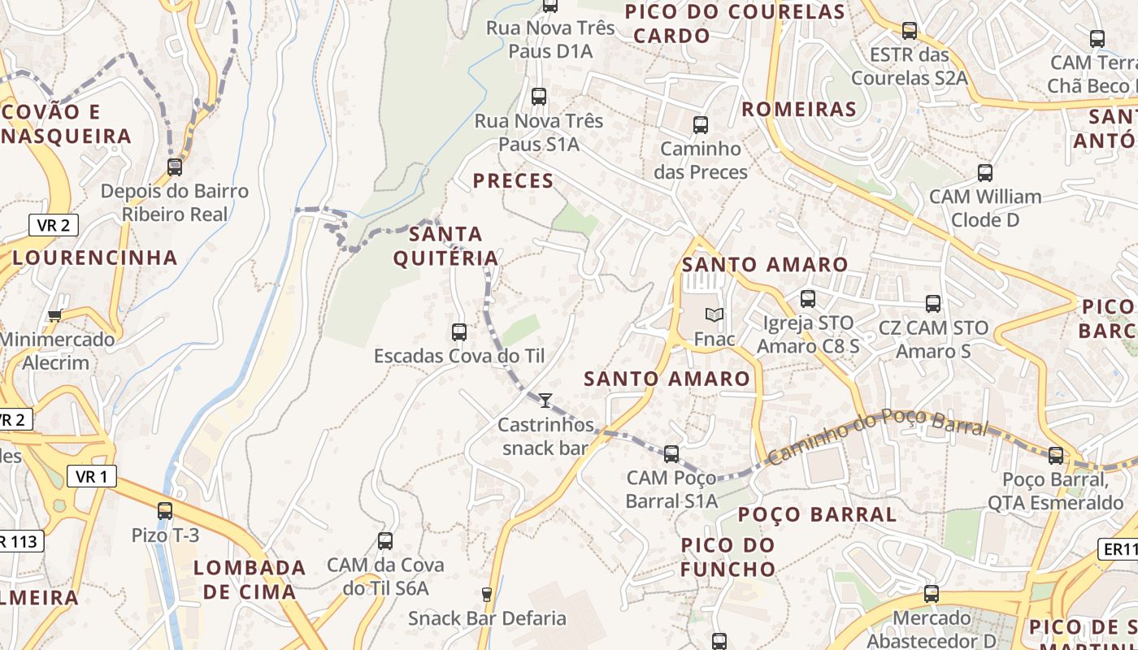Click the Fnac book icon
(715, 315)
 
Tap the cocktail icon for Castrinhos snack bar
(545, 400)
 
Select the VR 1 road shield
(91, 477)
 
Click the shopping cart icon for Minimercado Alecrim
(54, 315)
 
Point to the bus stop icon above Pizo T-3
(165, 511)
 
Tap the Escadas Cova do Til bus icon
(459, 331)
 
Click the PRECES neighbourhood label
(513, 180)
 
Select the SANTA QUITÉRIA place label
(445, 246)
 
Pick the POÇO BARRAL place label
(817, 514)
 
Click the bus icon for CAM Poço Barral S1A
(671, 454)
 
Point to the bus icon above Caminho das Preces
(701, 125)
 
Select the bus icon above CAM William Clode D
(985, 172)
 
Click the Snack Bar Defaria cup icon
(487, 595)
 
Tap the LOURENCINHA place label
(95, 258)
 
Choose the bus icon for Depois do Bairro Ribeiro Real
(175, 167)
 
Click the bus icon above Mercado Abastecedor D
(932, 594)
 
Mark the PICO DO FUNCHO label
(728, 557)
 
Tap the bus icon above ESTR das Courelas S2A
(910, 31)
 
